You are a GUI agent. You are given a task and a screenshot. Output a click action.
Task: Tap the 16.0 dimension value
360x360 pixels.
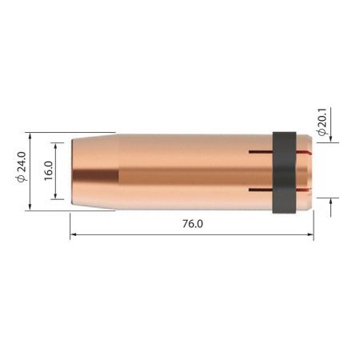click(49, 172)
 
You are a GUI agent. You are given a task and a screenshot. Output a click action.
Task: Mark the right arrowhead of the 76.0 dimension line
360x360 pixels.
click(310, 234)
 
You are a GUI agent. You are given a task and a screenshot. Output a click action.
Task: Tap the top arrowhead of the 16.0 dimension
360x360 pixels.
click(57, 146)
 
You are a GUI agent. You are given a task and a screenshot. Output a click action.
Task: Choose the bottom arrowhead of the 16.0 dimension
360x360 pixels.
click(57, 197)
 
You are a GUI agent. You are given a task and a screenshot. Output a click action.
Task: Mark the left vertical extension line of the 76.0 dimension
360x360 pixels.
click(70, 224)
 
